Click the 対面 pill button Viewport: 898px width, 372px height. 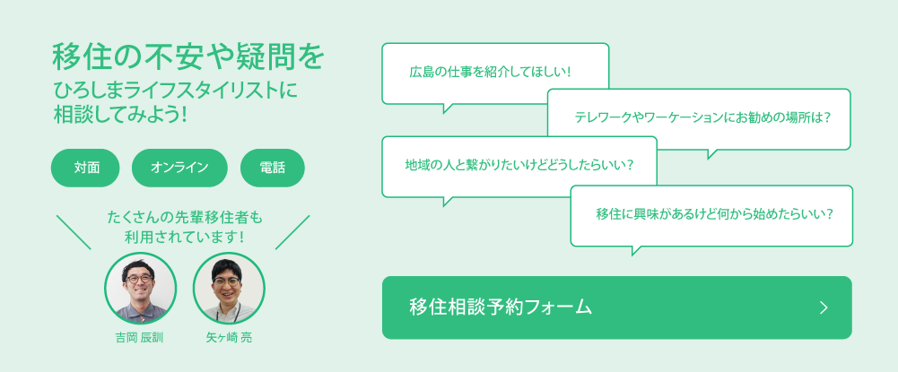coord(85,168)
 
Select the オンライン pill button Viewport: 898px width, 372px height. coord(179,168)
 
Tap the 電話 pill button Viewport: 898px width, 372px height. coord(272,168)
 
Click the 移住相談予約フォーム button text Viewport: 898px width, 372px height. coord(501,307)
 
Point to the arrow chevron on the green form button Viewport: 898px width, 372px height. coord(824,307)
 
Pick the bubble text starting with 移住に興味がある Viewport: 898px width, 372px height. coord(714,214)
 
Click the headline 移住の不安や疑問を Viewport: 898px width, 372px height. coord(188,57)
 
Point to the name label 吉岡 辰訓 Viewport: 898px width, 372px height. coord(139,338)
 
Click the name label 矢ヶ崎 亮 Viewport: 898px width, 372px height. coord(229,338)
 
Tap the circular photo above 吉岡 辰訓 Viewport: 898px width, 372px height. coord(140,289)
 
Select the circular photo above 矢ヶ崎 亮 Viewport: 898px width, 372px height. coord(229,289)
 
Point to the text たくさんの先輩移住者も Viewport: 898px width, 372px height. coord(184,217)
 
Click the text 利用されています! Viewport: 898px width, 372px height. coord(184,237)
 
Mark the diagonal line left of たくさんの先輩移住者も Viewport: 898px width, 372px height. coord(74,232)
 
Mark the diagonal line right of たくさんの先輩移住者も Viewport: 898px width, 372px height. coord(292,232)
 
